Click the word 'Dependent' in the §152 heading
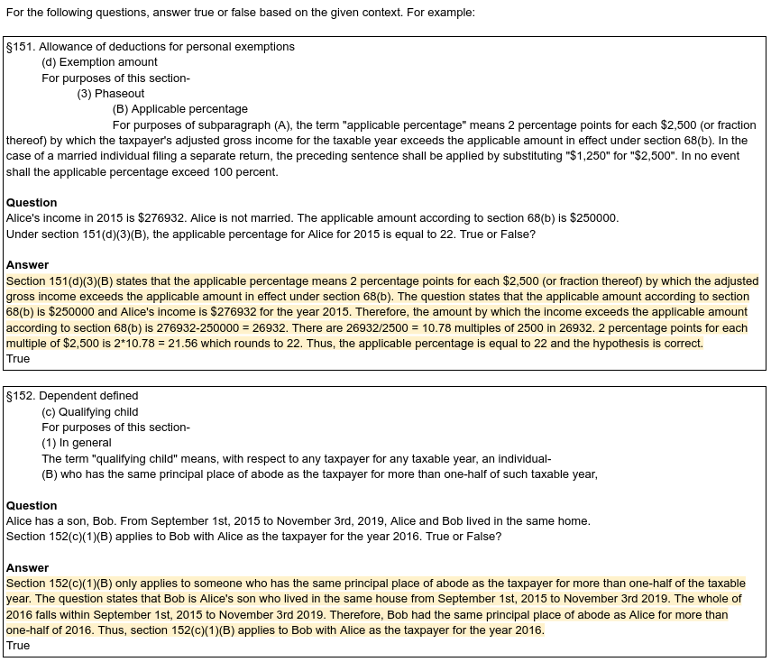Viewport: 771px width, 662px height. pos(66,396)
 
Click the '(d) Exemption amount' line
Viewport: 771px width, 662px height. pos(99,62)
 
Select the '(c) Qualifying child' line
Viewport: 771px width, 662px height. pos(89,412)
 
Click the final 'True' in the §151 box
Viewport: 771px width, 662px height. pos(18,359)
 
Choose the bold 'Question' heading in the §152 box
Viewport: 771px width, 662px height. pos(32,506)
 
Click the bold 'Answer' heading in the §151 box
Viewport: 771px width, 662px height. pos(28,265)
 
